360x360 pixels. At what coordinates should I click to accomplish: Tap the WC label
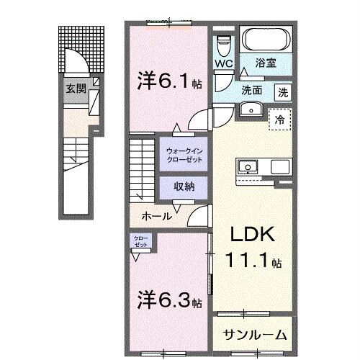point(224,63)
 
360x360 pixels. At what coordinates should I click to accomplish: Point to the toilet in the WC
point(223,45)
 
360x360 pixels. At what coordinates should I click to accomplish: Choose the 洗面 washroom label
point(252,91)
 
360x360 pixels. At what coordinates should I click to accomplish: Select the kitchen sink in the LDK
point(247,168)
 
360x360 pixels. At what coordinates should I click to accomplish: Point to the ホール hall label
point(157,215)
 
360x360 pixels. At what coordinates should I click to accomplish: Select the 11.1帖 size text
point(252,261)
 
